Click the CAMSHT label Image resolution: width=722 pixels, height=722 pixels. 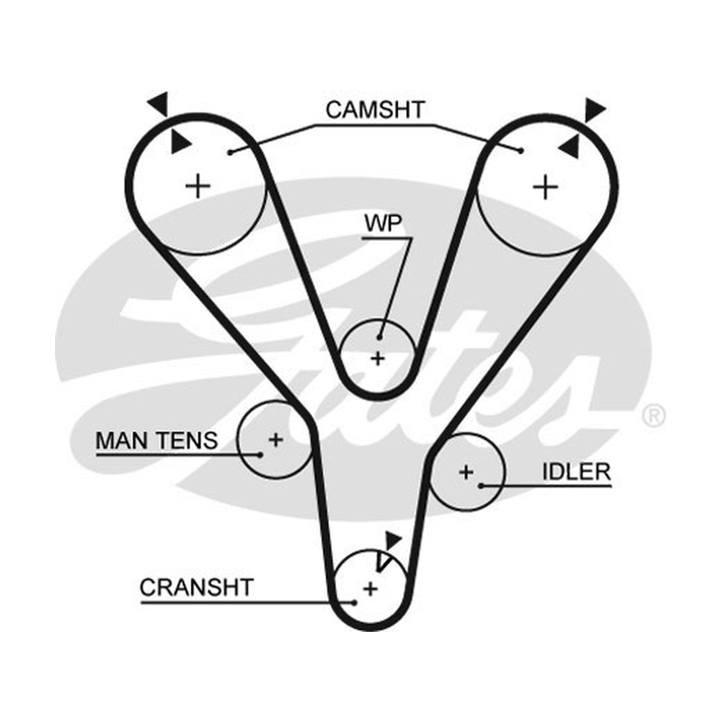(375, 110)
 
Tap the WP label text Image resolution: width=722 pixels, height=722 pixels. (383, 223)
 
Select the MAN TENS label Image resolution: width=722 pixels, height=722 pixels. (156, 440)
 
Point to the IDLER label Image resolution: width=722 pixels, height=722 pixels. (576, 471)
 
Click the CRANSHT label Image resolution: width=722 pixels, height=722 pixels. (197, 588)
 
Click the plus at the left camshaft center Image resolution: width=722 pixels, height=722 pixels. (198, 186)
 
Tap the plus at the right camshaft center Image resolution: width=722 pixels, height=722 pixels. (546, 187)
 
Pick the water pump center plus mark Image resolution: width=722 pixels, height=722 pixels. (378, 358)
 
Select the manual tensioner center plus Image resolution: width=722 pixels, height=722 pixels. (276, 440)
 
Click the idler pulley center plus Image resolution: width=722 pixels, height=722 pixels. (467, 472)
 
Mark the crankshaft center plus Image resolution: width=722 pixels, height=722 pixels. (371, 588)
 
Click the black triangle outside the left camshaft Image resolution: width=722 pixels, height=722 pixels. (160, 104)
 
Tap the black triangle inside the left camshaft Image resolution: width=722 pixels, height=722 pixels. (180, 142)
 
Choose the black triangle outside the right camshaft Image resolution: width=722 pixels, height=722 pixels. (595, 110)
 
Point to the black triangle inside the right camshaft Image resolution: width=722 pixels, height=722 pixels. (569, 146)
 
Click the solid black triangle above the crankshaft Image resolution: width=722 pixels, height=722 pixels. (393, 540)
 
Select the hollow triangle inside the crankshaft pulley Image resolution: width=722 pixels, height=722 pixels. (382, 561)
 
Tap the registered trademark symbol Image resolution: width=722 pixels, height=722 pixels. (653, 415)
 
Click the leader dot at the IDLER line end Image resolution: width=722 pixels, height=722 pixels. (481, 486)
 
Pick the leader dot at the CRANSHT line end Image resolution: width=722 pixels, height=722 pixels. (354, 602)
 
